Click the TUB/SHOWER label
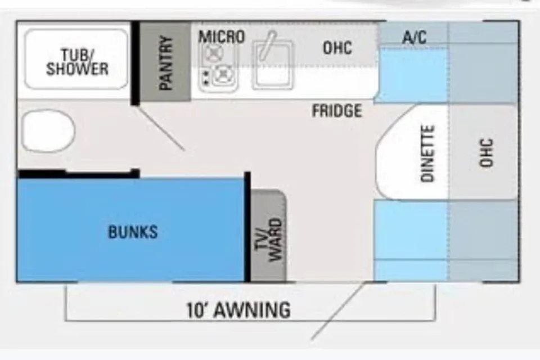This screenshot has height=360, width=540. (x=77, y=62)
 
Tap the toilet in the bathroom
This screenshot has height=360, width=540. (x=48, y=130)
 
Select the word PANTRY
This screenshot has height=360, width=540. (x=166, y=62)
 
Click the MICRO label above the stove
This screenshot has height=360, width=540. (x=222, y=37)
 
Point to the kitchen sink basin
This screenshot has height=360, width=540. (x=273, y=65)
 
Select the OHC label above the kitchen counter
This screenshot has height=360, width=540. (x=337, y=48)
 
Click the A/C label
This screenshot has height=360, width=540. (x=415, y=37)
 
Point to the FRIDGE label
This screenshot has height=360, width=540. (x=337, y=111)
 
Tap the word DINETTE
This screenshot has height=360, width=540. (x=427, y=153)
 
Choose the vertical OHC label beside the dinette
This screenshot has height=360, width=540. (x=486, y=152)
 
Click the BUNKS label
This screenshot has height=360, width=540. (x=133, y=232)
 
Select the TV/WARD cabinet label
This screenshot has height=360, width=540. (x=269, y=240)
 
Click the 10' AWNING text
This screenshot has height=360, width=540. (x=238, y=310)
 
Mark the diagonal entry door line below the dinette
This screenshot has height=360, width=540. (x=338, y=310)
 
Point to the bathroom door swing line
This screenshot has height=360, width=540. (x=161, y=128)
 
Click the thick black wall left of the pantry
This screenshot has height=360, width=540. (x=135, y=63)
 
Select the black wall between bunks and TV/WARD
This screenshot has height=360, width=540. (x=247, y=227)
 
